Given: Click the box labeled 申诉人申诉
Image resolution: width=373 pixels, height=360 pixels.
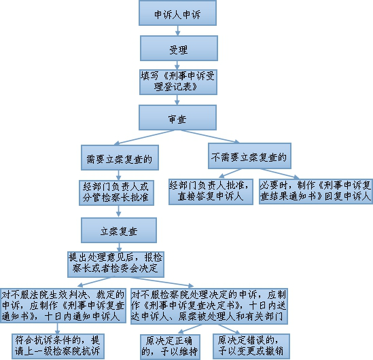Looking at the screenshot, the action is [x=177, y=13].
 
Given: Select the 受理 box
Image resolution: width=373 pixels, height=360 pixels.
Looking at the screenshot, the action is [x=179, y=48].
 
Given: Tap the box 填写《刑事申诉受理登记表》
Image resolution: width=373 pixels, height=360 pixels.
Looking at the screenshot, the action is [x=178, y=82].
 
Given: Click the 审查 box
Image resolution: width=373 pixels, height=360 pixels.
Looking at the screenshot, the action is [x=177, y=118].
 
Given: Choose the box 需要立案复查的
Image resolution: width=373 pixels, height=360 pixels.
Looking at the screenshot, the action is [x=120, y=158].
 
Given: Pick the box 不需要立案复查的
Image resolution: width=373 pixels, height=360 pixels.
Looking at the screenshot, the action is [x=249, y=156].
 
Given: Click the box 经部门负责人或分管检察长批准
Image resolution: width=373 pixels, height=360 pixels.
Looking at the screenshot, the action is [x=116, y=193].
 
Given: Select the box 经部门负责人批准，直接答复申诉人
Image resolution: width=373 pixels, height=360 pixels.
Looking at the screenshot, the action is [x=211, y=192].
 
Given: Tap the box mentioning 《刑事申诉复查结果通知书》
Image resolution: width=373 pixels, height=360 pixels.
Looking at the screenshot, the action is [x=316, y=192].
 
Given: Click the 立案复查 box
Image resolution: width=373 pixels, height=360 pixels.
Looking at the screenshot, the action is [x=119, y=230].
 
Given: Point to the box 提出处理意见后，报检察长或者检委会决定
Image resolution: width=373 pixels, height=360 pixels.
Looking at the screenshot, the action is [x=116, y=264].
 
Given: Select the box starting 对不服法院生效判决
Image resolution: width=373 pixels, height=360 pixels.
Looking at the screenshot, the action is [x=63, y=306].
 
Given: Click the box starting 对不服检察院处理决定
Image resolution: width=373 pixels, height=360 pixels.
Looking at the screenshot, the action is [x=209, y=306].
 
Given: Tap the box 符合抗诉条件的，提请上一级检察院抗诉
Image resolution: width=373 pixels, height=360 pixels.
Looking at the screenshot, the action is [x=58, y=346].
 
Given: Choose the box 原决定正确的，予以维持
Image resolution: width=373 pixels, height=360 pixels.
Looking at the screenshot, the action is [x=170, y=347].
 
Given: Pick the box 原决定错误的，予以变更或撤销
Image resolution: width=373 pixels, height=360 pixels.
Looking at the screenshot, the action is [x=251, y=346].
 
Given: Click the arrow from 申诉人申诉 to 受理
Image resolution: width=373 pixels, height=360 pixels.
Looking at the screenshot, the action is [x=178, y=31].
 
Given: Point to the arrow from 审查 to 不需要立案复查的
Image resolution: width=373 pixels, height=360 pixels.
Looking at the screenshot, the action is [x=210, y=137].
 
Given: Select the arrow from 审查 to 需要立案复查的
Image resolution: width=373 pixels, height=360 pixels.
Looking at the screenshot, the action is [x=144, y=137].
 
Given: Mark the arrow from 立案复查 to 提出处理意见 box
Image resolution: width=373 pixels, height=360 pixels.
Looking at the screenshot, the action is [x=119, y=247].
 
